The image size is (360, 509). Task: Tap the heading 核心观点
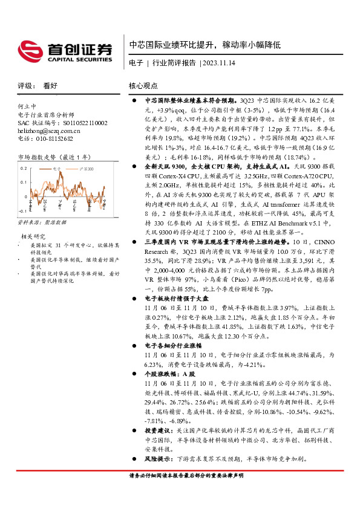pyautogui.click(x=143, y=86)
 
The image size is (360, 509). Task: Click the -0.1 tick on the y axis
pyautogui.click(x=22, y=211)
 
